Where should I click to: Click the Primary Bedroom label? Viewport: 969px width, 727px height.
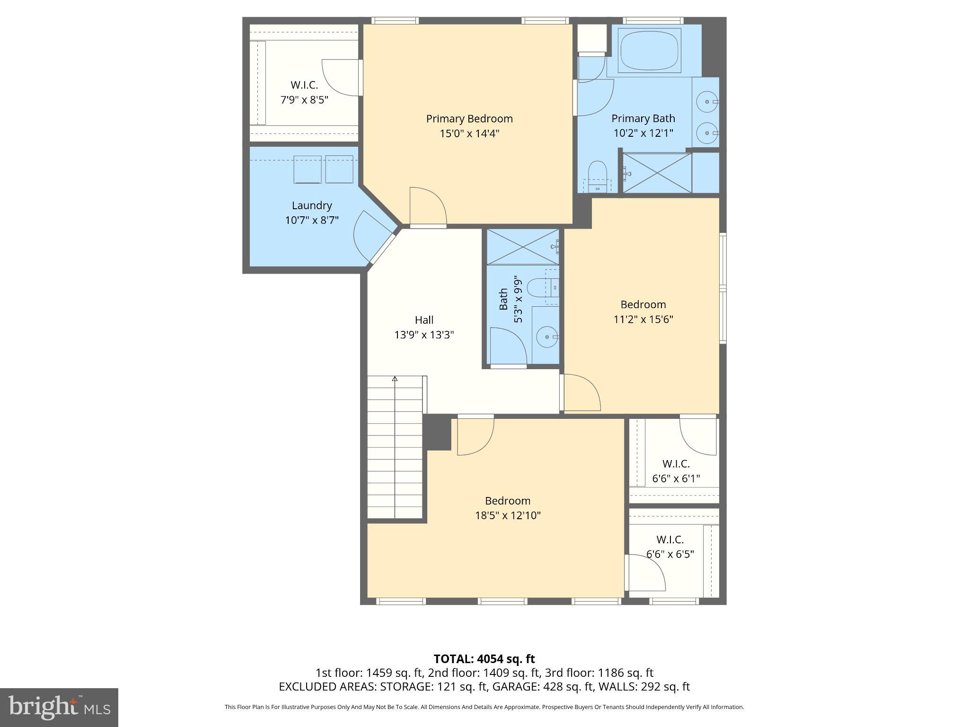pos(469,118)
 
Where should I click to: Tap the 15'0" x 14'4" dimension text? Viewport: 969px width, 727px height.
pos(469,133)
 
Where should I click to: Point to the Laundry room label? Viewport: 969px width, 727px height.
pos(311,205)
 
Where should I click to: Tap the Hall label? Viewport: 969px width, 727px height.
pos(424,320)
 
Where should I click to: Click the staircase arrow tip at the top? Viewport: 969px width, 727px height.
pos(395,378)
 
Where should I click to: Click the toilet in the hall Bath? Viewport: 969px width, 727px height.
pos(539,287)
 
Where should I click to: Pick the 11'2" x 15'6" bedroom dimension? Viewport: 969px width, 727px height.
pos(643,319)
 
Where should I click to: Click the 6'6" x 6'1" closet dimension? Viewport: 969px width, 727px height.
pos(676,479)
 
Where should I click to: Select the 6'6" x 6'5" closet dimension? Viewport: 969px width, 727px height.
pos(670,554)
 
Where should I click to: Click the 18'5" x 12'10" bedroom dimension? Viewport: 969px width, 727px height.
pos(508,515)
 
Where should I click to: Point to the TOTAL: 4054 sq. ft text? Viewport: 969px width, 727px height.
pos(484,659)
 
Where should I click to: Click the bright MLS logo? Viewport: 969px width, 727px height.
pos(59,707)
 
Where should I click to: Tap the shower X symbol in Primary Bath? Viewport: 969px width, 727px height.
pos(657,173)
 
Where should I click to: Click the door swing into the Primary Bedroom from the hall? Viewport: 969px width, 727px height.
pos(427,207)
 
